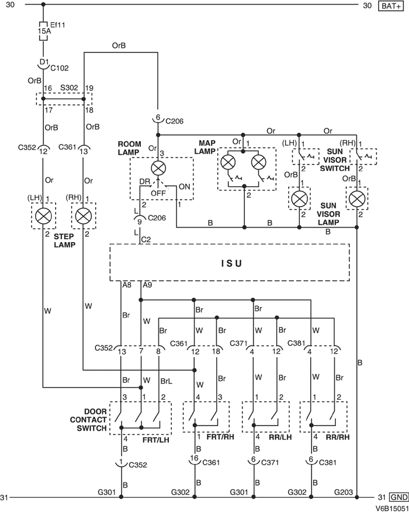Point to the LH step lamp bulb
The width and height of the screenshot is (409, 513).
(43, 216)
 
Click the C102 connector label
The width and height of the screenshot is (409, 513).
(60, 67)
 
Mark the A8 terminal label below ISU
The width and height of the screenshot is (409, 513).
(127, 285)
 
